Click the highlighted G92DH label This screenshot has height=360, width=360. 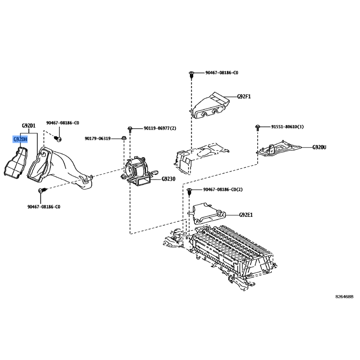[x=20, y=139]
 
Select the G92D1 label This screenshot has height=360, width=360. [x=29, y=126]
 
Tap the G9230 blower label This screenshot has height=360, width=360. [x=168, y=179]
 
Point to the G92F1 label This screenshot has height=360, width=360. [x=244, y=96]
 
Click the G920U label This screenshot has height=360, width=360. [x=319, y=147]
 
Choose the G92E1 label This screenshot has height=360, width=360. [x=246, y=215]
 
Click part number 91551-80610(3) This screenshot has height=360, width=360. [x=288, y=127]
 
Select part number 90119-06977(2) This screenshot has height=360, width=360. [x=160, y=128]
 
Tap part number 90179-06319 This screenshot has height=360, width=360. [x=98, y=139]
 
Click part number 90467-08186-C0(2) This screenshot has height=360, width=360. [x=223, y=189]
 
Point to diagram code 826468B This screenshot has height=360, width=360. [x=344, y=297]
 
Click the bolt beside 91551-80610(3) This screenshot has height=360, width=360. [x=257, y=127]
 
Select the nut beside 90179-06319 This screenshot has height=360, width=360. [x=124, y=138]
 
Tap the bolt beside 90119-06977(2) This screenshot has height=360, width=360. [x=130, y=129]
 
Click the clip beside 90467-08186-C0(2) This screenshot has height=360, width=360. [x=189, y=191]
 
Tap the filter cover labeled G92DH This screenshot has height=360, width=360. [x=16, y=163]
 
